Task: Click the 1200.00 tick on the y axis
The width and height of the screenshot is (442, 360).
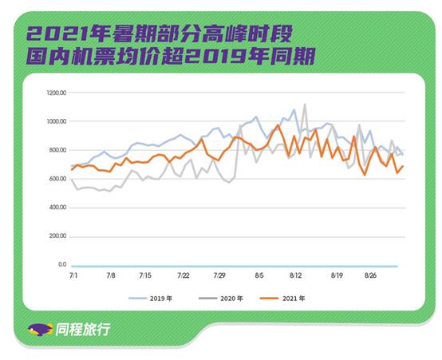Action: click(57, 93)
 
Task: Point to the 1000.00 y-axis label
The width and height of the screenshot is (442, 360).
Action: click(57, 121)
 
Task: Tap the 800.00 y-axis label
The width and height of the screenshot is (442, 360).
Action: click(57, 150)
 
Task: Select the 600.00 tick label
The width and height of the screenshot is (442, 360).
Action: click(57, 179)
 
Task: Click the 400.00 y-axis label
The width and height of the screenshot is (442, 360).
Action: click(57, 208)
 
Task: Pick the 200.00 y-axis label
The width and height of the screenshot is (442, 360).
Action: click(57, 235)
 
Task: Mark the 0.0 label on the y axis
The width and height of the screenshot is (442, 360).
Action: click(62, 265)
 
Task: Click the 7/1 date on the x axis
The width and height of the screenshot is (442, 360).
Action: click(73, 275)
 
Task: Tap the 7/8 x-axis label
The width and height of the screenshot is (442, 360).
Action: click(111, 275)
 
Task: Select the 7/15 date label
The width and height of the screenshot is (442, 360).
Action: click(145, 275)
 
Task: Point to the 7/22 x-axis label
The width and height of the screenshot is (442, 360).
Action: click(184, 275)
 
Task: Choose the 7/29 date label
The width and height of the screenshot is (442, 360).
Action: click(219, 275)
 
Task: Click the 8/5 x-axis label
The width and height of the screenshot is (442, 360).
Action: click(259, 275)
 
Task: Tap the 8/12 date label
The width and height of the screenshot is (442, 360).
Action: click(296, 275)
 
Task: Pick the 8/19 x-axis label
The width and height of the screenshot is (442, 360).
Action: click(337, 275)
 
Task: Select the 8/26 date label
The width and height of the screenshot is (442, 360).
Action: click(371, 275)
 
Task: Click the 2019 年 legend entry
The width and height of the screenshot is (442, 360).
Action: click(151, 299)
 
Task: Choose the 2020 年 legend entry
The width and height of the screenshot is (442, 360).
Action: click(221, 299)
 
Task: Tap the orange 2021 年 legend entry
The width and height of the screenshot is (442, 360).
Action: click(282, 299)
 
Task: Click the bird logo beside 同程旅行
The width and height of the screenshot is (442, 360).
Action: click(41, 330)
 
